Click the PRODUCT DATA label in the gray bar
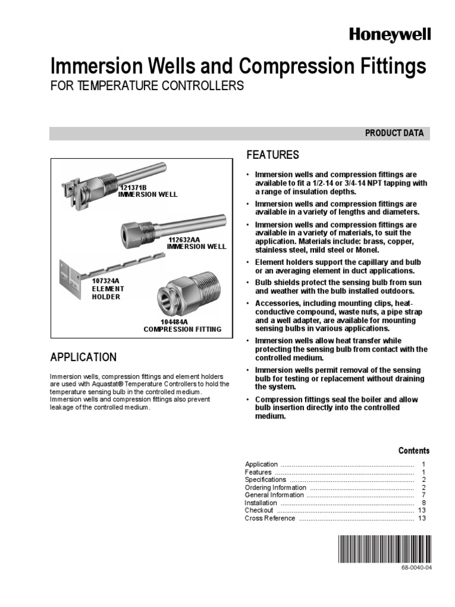394,133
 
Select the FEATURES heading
272,155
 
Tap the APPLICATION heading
83,357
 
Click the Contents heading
414,451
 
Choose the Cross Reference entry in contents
270,518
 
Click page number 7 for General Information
424,495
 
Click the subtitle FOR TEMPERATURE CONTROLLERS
146,86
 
